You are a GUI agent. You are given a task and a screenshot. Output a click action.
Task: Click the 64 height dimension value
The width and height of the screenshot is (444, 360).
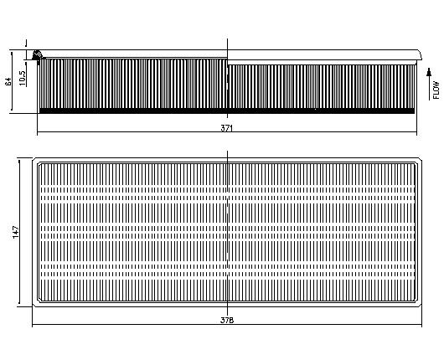(x=8, y=81)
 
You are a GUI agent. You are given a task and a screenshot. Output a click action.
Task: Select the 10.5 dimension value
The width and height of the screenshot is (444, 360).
(x=22, y=78)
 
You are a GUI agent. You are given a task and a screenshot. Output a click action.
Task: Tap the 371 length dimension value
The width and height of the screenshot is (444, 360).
(x=226, y=128)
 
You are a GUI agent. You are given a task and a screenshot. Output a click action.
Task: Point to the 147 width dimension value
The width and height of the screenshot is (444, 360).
(x=16, y=232)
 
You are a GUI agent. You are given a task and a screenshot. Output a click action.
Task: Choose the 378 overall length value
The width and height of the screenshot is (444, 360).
(x=227, y=320)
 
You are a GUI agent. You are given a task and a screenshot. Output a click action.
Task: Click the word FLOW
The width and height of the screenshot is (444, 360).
(x=436, y=90)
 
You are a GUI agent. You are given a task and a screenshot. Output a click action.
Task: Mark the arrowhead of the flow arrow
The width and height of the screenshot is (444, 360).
(x=429, y=72)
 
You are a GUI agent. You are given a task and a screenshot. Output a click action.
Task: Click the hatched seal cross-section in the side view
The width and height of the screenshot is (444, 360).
(x=37, y=54)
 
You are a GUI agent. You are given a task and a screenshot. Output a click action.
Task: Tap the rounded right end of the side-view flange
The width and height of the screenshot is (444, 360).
(x=420, y=55)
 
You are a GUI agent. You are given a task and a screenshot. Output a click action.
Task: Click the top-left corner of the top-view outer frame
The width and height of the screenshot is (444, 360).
(x=33, y=158)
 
